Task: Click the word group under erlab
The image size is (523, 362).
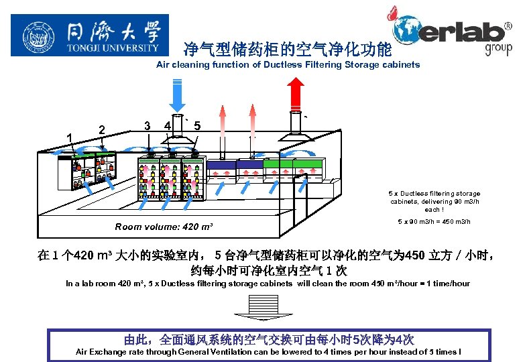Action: click(498, 48)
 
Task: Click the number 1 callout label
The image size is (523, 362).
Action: click(70, 138)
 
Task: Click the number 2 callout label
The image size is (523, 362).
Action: click(101, 129)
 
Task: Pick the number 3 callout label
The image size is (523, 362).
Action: click(146, 125)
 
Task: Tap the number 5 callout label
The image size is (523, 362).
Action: click(196, 125)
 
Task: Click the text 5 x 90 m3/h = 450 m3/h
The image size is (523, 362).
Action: click(434, 222)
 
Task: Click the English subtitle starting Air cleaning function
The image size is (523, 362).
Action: click(288, 65)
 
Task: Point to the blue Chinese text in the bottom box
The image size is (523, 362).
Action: click(268, 339)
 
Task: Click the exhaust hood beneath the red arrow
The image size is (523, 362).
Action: click(295, 134)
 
